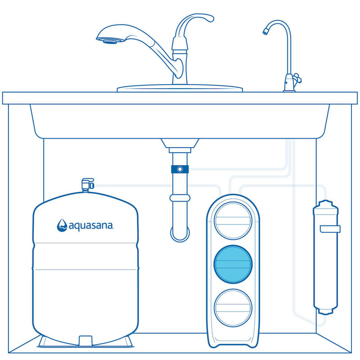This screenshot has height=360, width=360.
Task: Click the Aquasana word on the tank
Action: [x=90, y=225]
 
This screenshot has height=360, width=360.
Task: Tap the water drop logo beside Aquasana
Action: [x=62, y=225]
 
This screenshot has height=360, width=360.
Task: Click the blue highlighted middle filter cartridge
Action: [x=233, y=265]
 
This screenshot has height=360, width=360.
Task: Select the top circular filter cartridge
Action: [x=233, y=220]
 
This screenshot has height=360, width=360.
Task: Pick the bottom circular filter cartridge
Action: [x=233, y=308]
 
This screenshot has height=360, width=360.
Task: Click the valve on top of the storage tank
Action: [x=87, y=184]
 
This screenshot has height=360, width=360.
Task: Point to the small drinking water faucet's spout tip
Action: [x=265, y=31]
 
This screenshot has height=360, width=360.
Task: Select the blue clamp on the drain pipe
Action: [x=180, y=170]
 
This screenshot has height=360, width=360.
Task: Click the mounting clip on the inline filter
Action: [x=329, y=229]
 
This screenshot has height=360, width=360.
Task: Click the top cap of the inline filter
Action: [x=325, y=205]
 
